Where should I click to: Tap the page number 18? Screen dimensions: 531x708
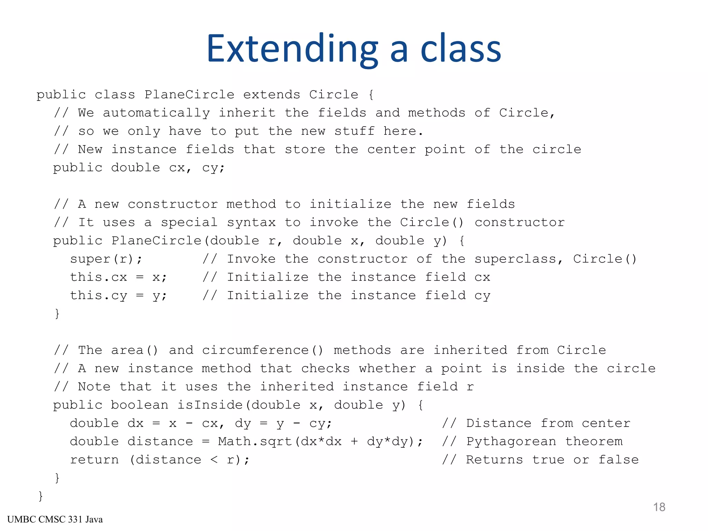click(659, 507)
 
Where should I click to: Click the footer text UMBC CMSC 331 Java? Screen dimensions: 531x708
click(55, 520)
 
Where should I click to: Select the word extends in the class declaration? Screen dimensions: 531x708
click(272, 95)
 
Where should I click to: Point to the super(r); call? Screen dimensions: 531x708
click(106, 259)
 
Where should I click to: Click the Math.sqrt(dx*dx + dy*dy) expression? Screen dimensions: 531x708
click(320, 441)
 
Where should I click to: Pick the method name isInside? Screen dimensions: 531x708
click(210, 405)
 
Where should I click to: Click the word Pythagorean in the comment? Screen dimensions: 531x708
click(511, 441)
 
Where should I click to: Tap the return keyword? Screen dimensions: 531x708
click(94, 460)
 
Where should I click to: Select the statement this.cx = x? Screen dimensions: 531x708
click(119, 277)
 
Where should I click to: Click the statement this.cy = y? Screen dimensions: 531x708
click(119, 296)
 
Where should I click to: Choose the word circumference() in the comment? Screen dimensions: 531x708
click(263, 350)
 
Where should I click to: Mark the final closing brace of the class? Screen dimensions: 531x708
click(40, 496)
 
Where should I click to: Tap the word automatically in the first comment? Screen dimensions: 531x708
click(156, 113)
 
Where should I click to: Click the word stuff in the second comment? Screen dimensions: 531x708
click(354, 131)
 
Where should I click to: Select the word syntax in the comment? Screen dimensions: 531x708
click(251, 222)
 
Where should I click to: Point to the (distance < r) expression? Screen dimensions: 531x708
click(189, 460)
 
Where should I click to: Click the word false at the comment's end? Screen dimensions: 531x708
click(618, 460)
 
